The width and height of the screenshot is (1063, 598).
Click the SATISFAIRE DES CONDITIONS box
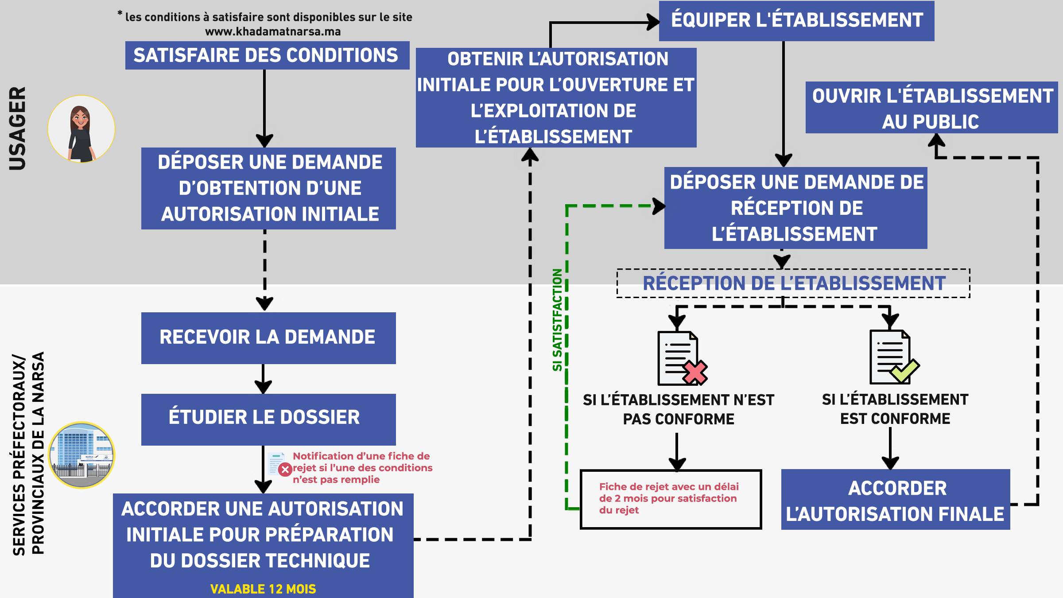pos(267,55)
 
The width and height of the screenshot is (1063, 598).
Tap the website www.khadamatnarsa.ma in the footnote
pos(273,32)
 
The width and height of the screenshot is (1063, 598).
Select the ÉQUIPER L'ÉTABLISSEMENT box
pos(796,21)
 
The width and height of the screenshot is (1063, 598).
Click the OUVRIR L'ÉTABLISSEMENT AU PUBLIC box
pos(931,108)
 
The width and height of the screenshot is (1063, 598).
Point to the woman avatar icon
pos(81,129)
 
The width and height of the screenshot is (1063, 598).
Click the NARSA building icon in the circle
pos(81,455)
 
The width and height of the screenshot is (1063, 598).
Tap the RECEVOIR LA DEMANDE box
pos(268,338)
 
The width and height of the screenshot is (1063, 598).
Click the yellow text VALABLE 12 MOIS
pos(263,589)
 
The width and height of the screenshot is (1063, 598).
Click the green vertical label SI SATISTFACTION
pos(557,320)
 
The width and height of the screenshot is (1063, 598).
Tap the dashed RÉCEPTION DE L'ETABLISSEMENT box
pos(793,283)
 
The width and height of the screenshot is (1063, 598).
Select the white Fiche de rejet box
pos(671,499)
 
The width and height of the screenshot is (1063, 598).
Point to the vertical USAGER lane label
pos(18,128)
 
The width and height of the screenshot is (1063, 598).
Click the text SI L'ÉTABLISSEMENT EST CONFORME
pos(895,409)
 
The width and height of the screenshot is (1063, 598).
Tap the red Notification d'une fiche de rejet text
pos(362,468)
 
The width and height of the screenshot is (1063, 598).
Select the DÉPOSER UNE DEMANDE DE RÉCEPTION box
pos(795,208)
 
